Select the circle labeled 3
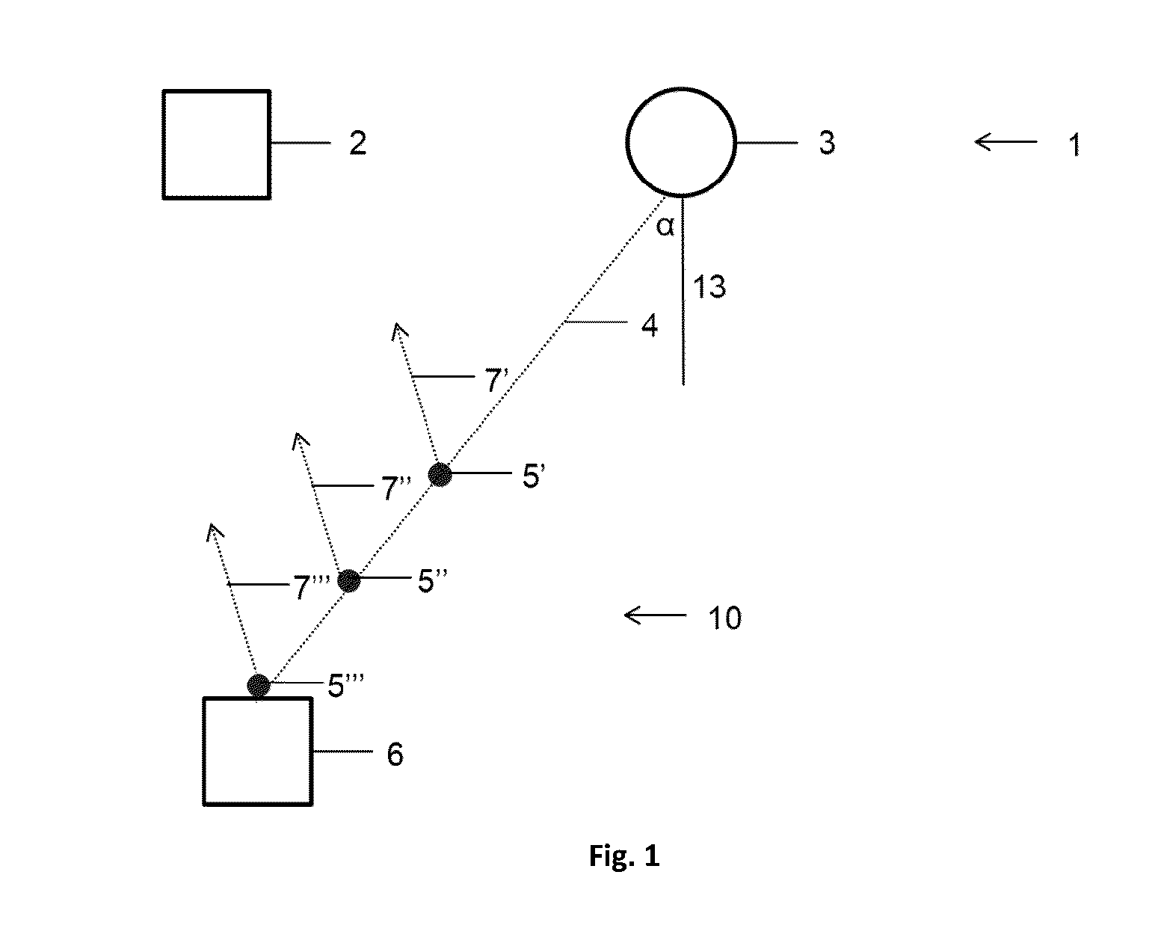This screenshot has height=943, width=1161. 681,88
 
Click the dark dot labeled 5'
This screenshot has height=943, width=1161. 440,474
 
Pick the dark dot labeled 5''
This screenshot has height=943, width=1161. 349,580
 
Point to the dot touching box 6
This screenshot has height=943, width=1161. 259,685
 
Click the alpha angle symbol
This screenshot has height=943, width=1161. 665,226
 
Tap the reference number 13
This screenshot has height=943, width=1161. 709,286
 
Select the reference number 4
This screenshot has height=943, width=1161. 649,325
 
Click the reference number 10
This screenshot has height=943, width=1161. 725,618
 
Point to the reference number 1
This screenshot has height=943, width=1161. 1074,145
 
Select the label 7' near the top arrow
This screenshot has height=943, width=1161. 496,380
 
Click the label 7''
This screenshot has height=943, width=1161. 396,488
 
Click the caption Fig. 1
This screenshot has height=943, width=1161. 624,856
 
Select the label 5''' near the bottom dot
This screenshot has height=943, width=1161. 345,686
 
